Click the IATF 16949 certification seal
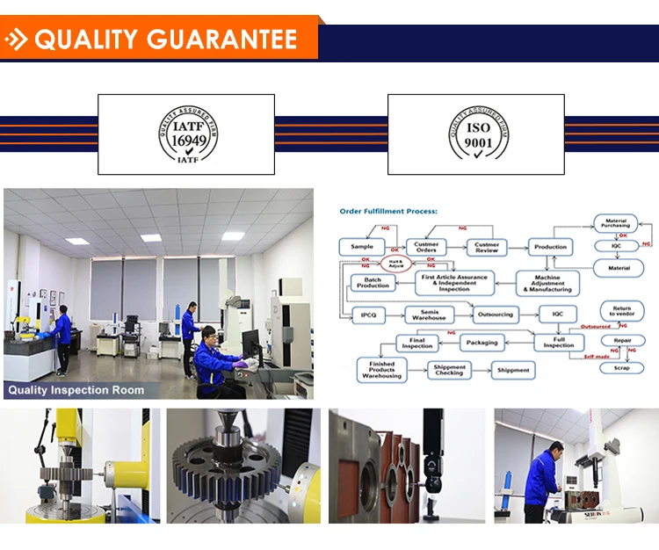[186, 135]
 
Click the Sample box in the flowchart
[362, 247]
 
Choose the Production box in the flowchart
[550, 247]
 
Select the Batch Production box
[373, 282]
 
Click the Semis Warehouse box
[431, 315]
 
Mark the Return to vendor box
[620, 310]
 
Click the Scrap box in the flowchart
[615, 367]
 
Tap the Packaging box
[482, 343]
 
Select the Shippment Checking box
[449, 370]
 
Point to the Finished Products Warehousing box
[382, 370]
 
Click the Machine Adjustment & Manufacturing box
[547, 282]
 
